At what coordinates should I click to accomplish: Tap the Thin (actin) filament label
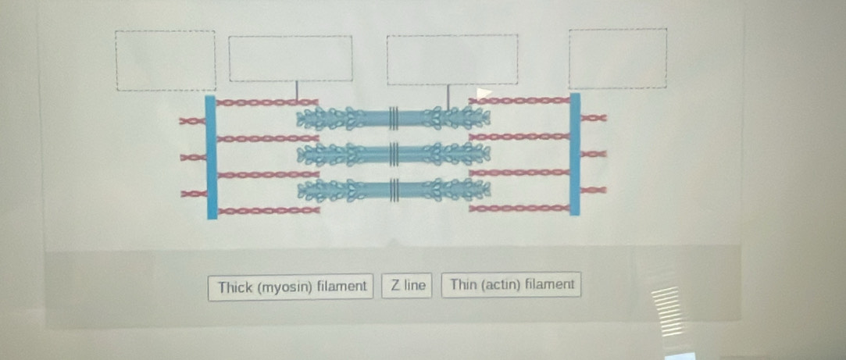pos(512,285)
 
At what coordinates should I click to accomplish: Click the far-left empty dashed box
pos(166,60)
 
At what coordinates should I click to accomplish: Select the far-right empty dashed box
pos(618,59)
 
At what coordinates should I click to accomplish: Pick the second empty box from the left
pos(290,58)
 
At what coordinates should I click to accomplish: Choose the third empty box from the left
pos(452,59)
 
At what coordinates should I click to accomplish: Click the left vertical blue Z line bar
pos(210,156)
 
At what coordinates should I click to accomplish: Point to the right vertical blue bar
pos(575,154)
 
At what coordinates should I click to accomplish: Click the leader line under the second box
pos(296,91)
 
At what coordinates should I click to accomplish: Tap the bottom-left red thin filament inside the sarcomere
pos(266,209)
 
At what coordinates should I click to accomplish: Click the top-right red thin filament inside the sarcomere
pos(519,100)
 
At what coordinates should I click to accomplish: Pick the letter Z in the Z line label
pos(396,286)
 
